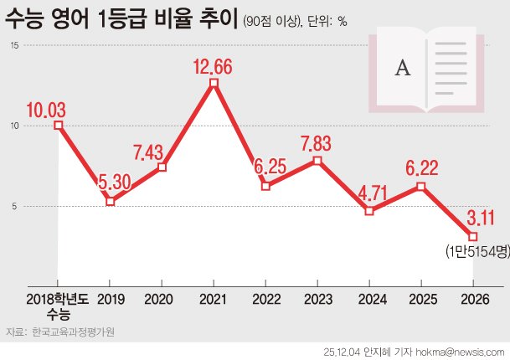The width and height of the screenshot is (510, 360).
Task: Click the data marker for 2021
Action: click(x=214, y=83)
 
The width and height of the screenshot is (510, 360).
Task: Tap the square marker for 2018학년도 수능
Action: click(x=58, y=125)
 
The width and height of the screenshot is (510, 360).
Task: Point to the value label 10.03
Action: click(x=46, y=109)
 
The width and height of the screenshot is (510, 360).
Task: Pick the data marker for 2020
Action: click(x=162, y=167)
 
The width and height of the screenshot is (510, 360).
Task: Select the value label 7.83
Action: click(x=317, y=143)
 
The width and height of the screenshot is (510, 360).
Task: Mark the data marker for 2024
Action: click(x=369, y=210)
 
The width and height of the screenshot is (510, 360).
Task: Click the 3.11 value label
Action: click(x=480, y=220)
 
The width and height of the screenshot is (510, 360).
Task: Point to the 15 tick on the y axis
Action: click(x=13, y=45)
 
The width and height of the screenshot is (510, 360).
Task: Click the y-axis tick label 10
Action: click(x=13, y=126)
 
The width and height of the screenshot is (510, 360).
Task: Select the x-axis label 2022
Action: click(x=265, y=299)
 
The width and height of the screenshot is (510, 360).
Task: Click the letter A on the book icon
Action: click(x=402, y=69)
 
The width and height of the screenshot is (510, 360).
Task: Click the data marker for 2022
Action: click(x=265, y=186)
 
